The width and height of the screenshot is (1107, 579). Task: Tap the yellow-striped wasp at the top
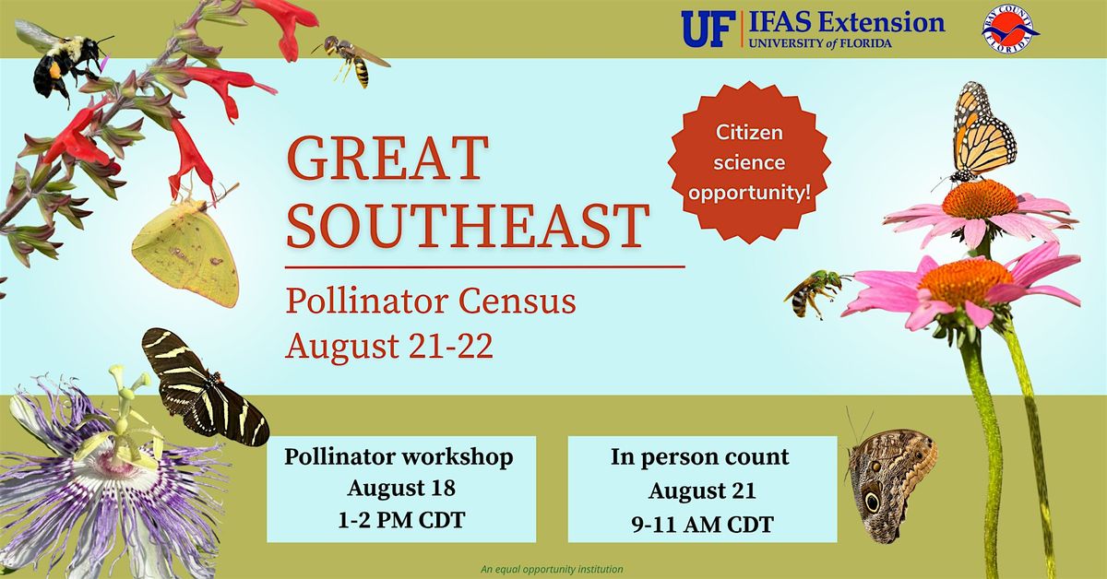pos(351,60)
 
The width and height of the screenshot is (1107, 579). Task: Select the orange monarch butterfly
pos(981,134)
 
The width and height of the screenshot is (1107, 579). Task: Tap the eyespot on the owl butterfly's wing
pos(872,501)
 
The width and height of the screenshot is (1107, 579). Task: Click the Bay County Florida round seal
pos(1009,29)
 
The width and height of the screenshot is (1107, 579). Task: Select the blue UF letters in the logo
pos(708,30)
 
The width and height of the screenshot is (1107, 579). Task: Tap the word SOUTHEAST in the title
pos(468,225)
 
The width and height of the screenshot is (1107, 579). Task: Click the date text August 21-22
pos(389,346)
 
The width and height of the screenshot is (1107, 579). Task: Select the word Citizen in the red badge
pos(749,133)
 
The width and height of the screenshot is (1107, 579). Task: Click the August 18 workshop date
pos(401,488)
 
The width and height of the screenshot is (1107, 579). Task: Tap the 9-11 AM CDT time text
pos(702,525)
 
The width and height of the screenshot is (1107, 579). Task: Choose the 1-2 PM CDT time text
pos(401,521)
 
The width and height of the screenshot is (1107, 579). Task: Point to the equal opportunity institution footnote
pos(552,569)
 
